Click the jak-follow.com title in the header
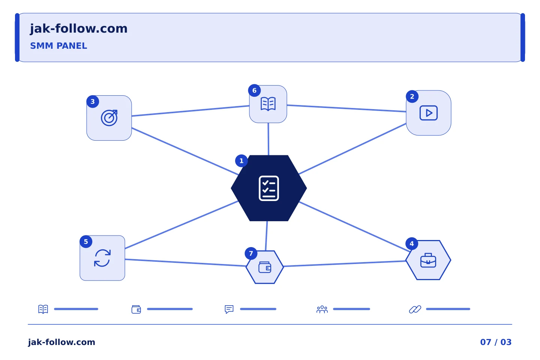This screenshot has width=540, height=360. coord(79,29)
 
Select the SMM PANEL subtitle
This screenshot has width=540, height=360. coord(58,46)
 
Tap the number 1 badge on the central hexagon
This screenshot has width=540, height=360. coord(241,161)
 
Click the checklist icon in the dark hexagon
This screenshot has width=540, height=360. coord(269,188)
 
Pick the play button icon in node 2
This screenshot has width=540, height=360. coord(428,113)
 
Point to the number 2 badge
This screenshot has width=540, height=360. coord(412,96)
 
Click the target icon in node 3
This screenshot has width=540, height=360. coord(109,118)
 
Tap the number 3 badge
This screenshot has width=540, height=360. coord(93,102)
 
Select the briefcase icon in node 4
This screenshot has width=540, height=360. coord(428,260)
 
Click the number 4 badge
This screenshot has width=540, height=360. coord(412,243)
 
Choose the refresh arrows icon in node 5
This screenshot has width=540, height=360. coord(102,258)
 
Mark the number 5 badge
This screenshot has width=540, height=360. coord(86,241)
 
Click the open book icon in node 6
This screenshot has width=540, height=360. coord(268,104)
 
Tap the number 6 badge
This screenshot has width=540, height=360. coord(254,90)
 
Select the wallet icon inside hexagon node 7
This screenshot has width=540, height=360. coord(265,267)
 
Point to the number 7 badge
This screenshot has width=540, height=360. coord(251,253)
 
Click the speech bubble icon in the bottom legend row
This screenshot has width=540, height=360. coord(229,309)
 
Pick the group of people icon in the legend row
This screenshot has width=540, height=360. coord(322,309)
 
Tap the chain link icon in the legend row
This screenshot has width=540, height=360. coord(415,309)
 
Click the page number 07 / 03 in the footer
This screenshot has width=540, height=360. coord(496,342)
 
